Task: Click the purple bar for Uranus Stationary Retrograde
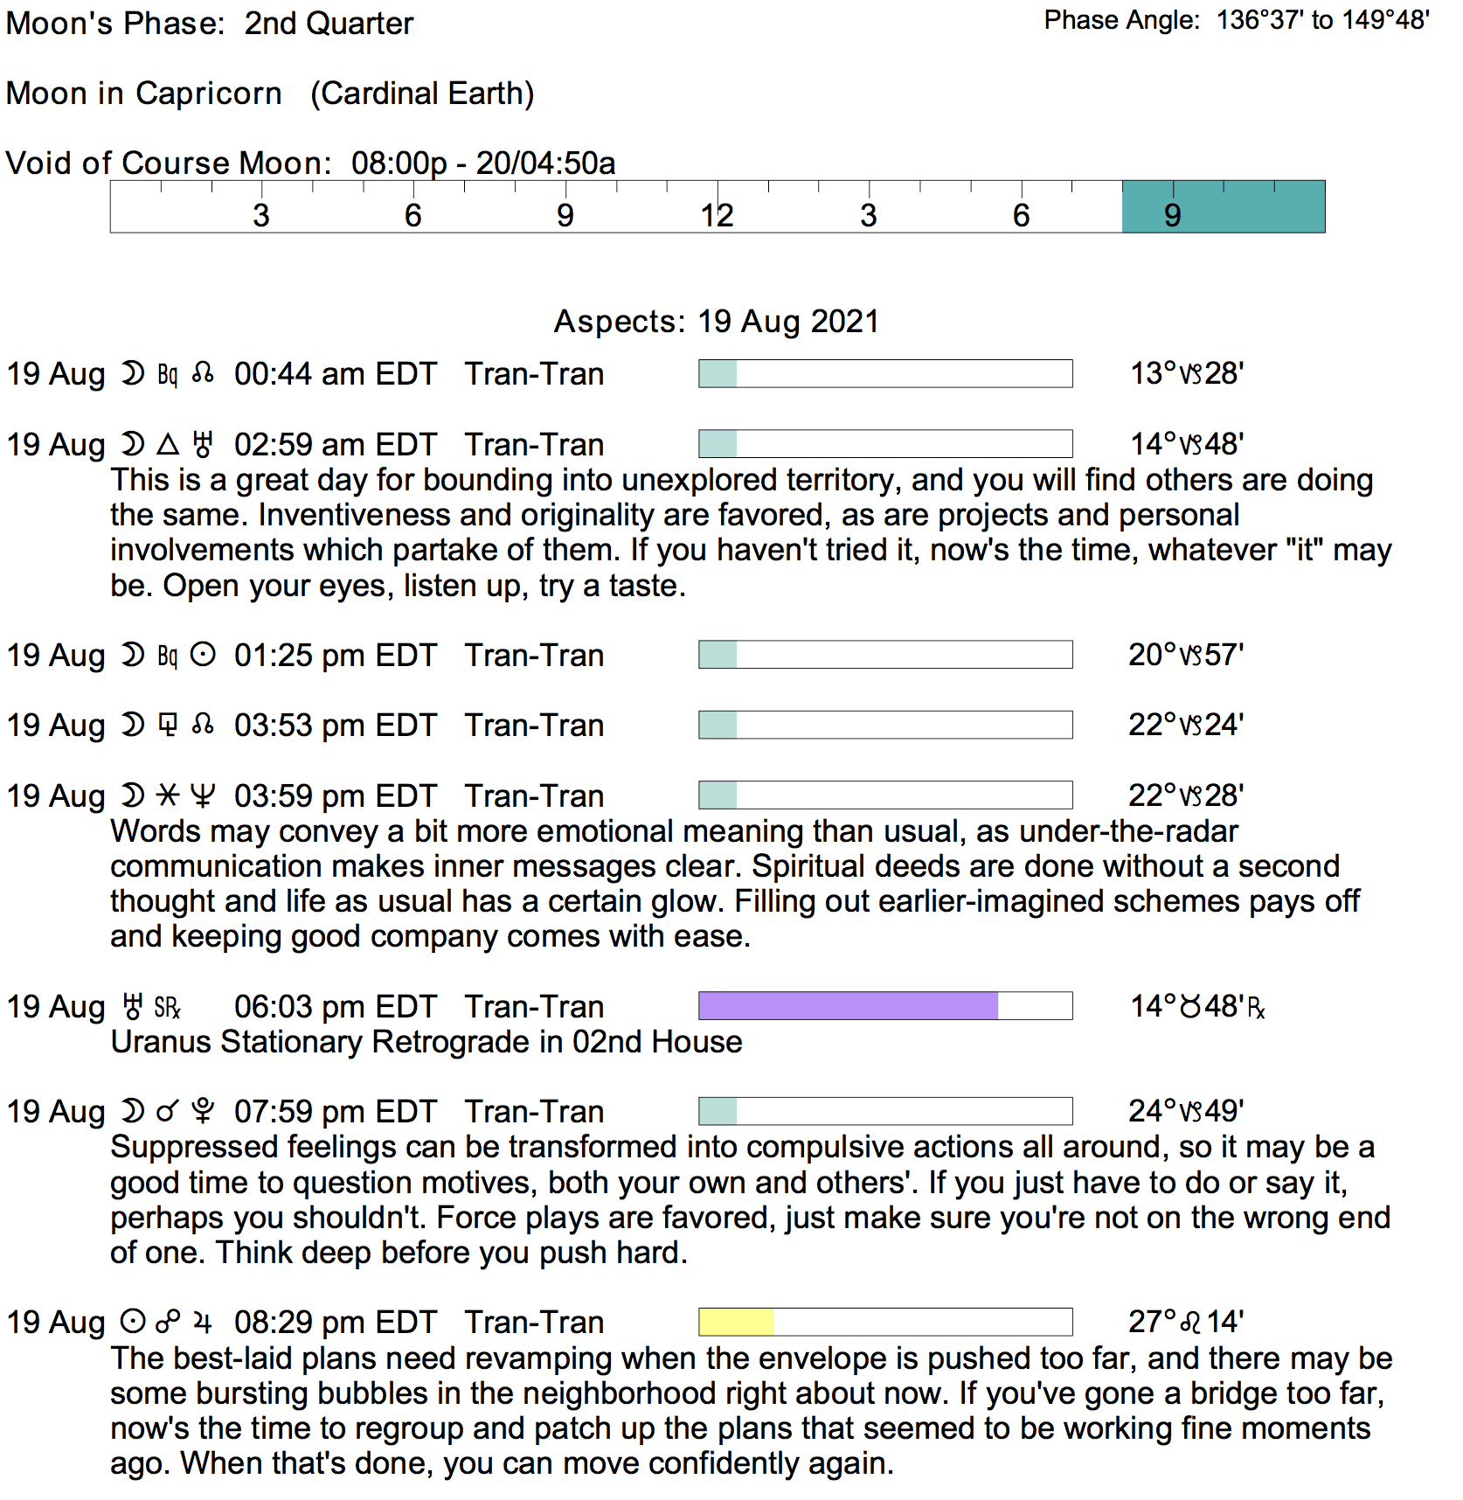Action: (848, 1005)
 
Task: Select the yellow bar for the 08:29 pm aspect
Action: (736, 1322)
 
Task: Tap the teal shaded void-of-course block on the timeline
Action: (1223, 207)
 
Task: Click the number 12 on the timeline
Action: (717, 216)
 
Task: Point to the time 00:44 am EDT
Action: (335, 374)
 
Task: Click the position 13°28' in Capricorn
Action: (1186, 373)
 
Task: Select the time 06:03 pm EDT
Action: (335, 1007)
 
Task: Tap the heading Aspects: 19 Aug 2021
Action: (716, 322)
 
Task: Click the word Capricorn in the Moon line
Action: (208, 94)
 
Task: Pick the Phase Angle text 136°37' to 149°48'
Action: (1323, 20)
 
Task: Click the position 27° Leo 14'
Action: (1185, 1322)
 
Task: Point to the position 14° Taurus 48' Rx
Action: (1196, 1007)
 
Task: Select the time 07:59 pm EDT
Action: (335, 1112)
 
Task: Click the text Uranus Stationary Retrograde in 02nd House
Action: (426, 1042)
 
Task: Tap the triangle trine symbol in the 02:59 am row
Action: (168, 445)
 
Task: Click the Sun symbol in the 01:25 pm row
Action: (203, 655)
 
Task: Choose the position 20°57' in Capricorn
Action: (1185, 655)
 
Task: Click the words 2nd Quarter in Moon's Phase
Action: (329, 24)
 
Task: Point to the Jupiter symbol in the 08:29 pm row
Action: (203, 1323)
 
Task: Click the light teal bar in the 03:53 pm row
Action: (718, 725)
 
